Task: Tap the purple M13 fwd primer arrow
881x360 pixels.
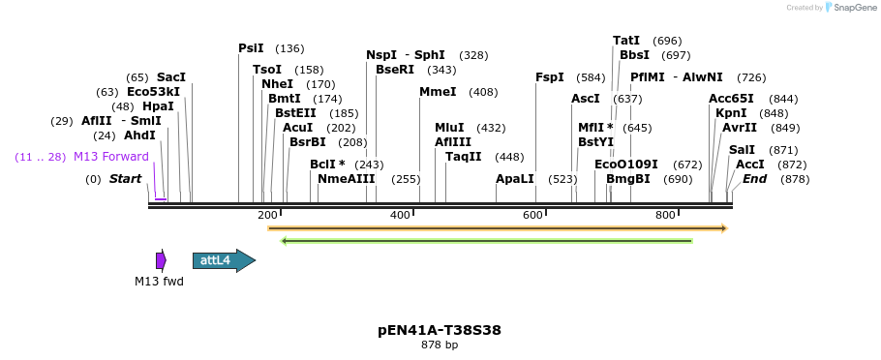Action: (x=161, y=260)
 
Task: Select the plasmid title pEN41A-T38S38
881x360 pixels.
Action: (x=440, y=330)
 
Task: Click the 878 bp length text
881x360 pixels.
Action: (x=440, y=345)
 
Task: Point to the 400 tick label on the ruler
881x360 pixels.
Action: (x=400, y=215)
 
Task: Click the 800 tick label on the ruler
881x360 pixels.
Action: (x=665, y=215)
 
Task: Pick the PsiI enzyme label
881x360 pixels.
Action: (x=251, y=48)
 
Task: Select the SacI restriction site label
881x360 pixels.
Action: (x=171, y=77)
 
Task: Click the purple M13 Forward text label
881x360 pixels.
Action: (x=111, y=157)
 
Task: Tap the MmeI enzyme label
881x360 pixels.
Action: (x=438, y=92)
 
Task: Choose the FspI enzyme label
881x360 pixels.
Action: (x=550, y=77)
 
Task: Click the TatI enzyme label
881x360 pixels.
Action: (x=626, y=41)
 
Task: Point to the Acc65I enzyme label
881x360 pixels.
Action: (x=731, y=99)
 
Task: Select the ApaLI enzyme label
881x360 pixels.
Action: (x=515, y=179)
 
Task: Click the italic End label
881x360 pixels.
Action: (x=755, y=179)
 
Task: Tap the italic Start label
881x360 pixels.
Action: (x=126, y=179)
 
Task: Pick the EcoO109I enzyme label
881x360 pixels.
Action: (x=626, y=165)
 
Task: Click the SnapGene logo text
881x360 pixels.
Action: (x=852, y=8)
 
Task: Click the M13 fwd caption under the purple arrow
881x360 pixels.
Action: (x=159, y=282)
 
